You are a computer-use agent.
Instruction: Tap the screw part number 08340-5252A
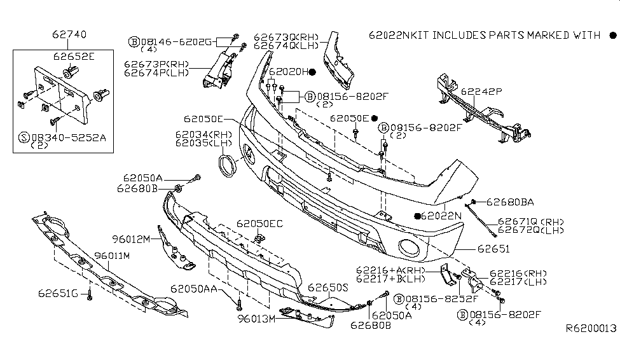coord(65,136)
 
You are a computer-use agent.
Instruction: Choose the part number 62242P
coord(481,92)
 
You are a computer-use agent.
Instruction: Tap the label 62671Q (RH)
coord(525,221)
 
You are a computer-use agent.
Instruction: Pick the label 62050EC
coord(260,224)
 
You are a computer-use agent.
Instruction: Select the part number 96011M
coord(112,256)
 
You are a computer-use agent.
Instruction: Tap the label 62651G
coord(57,293)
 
